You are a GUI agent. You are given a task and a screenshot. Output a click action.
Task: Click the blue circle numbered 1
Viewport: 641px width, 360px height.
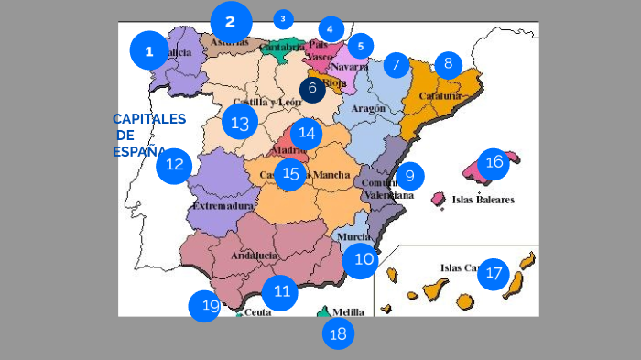click(x=148, y=50)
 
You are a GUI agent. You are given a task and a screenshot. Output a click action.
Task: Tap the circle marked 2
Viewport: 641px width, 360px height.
click(x=230, y=21)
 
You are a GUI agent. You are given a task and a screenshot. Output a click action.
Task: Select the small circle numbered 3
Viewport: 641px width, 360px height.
click(x=283, y=18)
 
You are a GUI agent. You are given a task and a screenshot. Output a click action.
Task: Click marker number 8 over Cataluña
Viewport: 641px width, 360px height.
click(x=448, y=63)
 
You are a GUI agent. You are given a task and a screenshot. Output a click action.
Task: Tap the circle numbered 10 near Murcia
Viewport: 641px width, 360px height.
click(x=364, y=259)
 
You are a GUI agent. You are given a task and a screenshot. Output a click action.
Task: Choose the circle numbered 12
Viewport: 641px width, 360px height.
click(x=174, y=166)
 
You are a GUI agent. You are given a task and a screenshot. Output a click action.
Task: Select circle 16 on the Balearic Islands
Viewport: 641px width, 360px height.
click(x=494, y=162)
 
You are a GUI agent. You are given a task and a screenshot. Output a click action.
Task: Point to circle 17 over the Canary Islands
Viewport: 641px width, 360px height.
click(x=493, y=272)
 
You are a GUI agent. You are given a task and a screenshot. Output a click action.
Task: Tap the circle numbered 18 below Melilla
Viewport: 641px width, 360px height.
click(x=338, y=333)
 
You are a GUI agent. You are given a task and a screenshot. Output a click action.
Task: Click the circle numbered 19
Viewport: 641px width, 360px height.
click(x=204, y=306)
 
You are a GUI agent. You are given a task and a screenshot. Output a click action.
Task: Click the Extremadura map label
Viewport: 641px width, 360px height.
click(x=223, y=207)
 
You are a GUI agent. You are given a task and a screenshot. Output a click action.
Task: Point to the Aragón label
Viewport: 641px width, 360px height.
click(x=369, y=107)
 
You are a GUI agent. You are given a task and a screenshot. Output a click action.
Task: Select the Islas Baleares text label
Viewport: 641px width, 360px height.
click(x=483, y=199)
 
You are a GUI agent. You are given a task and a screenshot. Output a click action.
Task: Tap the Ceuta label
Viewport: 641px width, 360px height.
click(x=258, y=312)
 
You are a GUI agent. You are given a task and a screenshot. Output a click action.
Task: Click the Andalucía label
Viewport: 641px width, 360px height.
click(x=254, y=256)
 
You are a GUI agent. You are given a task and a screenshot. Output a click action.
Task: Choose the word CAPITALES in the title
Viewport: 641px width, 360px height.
click(x=149, y=119)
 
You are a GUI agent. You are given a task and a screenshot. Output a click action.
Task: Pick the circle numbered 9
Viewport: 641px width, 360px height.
click(x=409, y=175)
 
